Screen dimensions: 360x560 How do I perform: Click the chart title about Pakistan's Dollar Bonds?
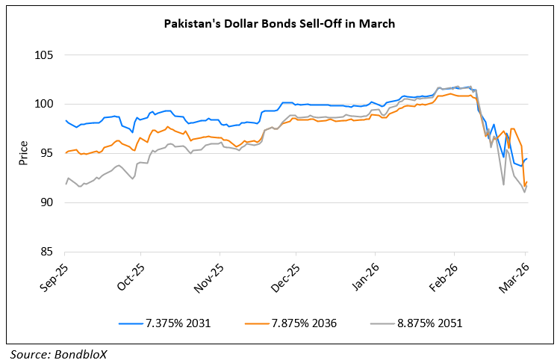point(279,24)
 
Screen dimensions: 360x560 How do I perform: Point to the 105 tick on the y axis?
point(44,55)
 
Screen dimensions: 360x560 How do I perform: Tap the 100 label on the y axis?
point(44,104)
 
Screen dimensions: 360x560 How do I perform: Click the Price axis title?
point(23,153)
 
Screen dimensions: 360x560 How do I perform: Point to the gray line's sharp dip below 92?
point(503,184)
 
